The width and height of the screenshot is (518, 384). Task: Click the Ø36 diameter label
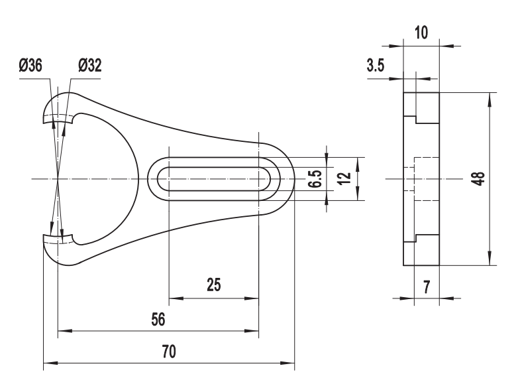tap(30, 66)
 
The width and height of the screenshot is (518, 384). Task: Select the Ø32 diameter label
tap(90, 66)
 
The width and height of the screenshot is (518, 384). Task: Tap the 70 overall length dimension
tap(169, 352)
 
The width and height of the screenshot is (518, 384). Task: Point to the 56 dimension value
tap(158, 320)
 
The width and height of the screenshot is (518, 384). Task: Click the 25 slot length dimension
tap(213, 285)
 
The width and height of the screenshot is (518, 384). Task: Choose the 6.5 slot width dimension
tap(315, 179)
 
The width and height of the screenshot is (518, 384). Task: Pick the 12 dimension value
tap(344, 179)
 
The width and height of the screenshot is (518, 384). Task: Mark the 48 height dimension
tap(480, 179)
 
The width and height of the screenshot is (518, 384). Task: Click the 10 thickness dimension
tap(421, 32)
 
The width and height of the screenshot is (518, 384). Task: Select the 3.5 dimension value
tap(376, 66)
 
